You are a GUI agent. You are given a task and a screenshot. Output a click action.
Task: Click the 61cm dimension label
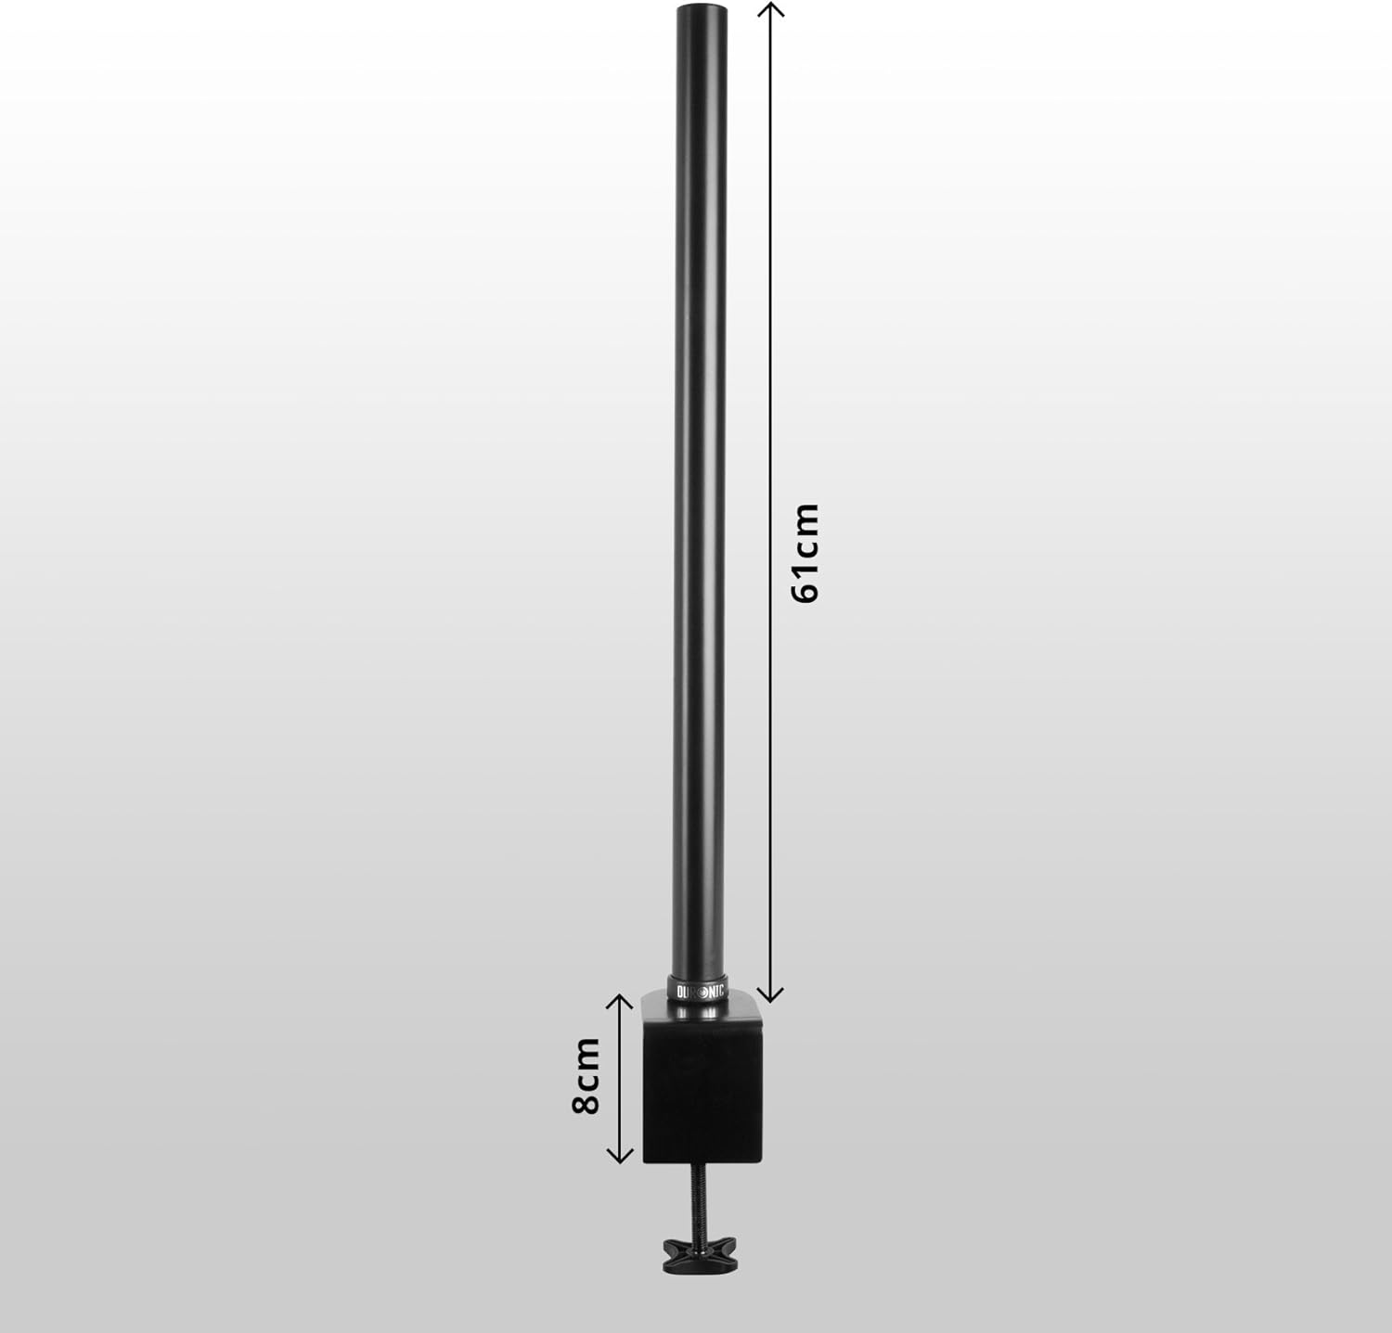coord(806,553)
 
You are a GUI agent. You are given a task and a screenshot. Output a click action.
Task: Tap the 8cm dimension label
coord(586,1076)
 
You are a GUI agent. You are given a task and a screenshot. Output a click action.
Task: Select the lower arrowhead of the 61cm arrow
coord(770,994)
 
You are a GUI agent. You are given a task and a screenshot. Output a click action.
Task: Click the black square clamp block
coord(702,1087)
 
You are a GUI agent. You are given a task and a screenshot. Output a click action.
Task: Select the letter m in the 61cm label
coord(806,519)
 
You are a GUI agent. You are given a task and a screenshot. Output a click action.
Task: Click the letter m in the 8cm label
coord(586,1051)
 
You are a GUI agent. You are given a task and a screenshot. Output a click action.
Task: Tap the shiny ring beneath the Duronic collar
coord(699,1005)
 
